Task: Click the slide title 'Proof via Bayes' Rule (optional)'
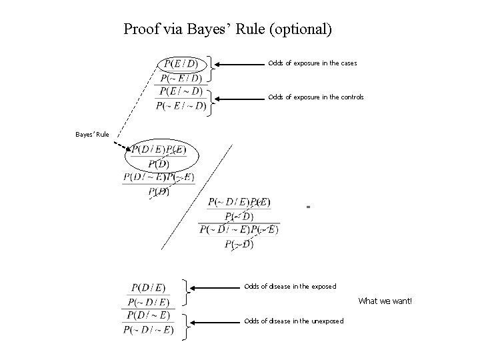(227, 29)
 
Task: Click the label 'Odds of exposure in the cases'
(312, 63)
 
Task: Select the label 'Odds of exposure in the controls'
(315, 97)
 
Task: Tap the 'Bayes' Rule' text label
(92, 135)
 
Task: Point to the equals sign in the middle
(308, 207)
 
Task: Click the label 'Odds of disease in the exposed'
(290, 287)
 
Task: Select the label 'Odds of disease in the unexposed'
(294, 321)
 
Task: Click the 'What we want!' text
(385, 301)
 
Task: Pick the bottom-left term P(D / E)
(149, 288)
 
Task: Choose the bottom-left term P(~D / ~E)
(148, 329)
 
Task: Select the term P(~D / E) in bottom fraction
(148, 302)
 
